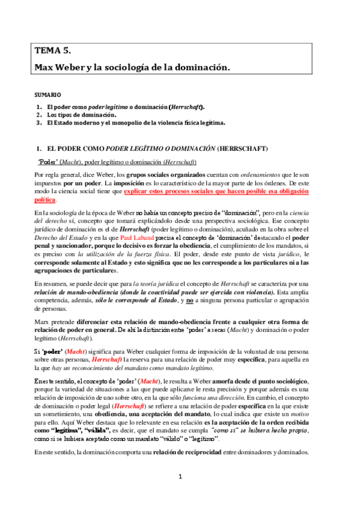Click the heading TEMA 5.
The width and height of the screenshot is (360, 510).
53,51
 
